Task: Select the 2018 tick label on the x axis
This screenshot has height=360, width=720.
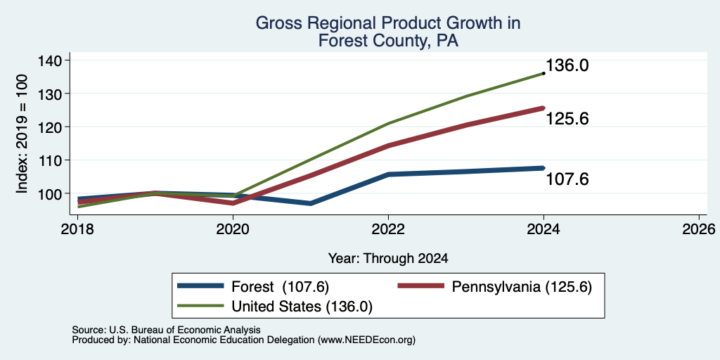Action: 77,229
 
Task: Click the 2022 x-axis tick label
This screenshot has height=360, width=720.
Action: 388,229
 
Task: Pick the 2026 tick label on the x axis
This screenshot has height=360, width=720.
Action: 699,229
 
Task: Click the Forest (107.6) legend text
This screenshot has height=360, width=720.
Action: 281,287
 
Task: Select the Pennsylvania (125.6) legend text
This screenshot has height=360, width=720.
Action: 522,287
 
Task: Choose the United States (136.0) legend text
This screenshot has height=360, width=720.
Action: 302,307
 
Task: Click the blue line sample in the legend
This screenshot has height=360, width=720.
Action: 200,286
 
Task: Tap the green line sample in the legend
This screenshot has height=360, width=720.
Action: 200,306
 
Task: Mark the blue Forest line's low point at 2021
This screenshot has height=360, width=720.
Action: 311,203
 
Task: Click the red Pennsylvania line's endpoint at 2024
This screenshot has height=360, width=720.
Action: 544,108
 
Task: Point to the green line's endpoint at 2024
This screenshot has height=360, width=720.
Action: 544,73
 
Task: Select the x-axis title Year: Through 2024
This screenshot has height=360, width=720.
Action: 388,259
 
